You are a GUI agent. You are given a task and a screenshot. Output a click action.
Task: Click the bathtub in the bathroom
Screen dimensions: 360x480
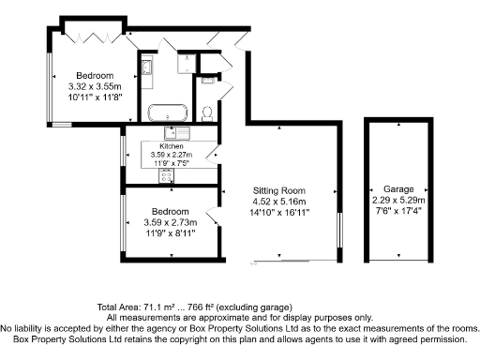point(168,112)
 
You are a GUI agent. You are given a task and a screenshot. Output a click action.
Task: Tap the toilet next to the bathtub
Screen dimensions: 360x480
point(208,113)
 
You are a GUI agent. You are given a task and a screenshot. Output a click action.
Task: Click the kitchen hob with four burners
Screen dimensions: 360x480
point(168,175)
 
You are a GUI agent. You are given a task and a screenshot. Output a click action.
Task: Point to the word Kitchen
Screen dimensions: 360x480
point(171,147)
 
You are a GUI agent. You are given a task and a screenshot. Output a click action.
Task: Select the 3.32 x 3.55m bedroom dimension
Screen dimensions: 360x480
point(95,86)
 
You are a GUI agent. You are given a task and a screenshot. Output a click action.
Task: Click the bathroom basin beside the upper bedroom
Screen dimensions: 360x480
point(147,67)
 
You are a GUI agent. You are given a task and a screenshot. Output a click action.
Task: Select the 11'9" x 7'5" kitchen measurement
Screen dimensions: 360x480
point(171,162)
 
